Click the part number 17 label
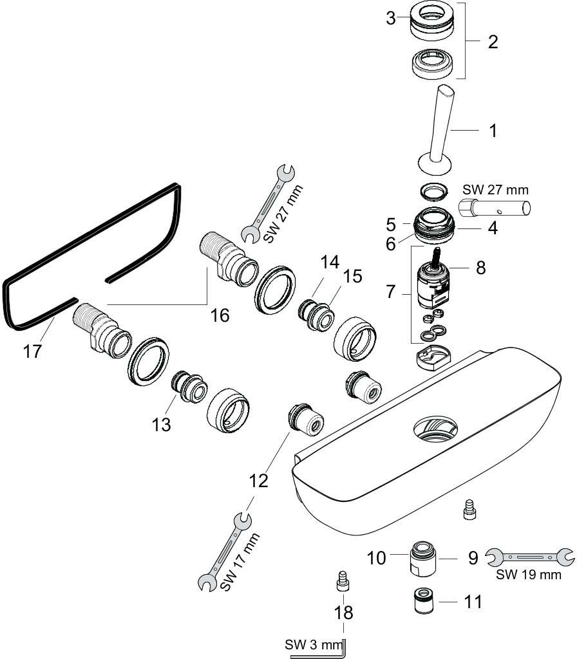pos(32,351)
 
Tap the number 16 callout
pos(220,315)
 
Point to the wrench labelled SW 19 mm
pos(529,556)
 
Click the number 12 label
pos(258,480)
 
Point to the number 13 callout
pos(162,424)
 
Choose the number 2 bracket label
pos(493,42)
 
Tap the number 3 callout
pos(391,18)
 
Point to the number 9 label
pos(473,557)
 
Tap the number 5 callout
pos(390,225)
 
